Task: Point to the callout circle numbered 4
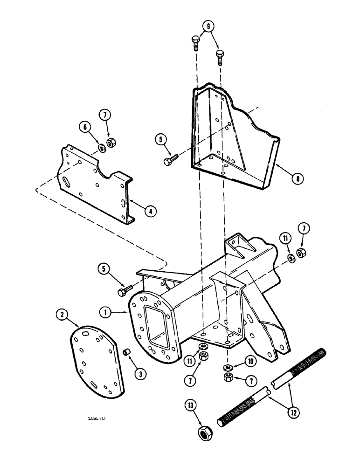click(150, 210)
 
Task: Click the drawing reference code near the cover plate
click(97, 419)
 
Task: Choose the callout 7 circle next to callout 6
click(105, 125)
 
